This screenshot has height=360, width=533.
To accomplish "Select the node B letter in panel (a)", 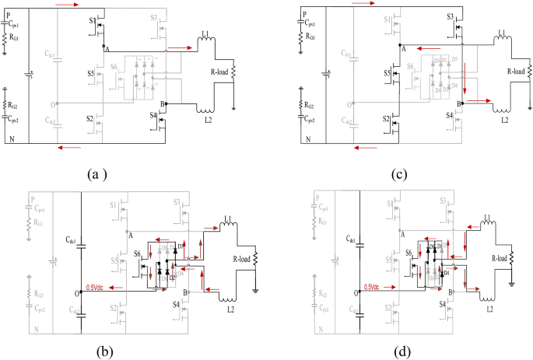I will (x=162, y=103).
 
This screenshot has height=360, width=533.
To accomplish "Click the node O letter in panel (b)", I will (x=74, y=294).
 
